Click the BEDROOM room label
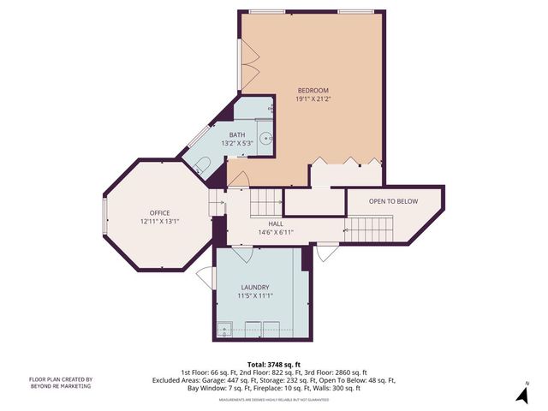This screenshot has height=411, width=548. pos(313,90)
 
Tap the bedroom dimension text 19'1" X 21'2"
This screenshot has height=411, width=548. pos(313,99)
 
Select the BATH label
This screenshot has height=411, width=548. pos(237,134)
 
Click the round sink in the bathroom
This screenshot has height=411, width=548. pos(266,136)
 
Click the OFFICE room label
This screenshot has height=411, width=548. pos(159,212)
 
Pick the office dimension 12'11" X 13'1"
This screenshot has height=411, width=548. pos(159,221)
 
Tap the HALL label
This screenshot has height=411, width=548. pos(276,223)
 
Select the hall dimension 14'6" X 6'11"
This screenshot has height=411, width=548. pos(276,232)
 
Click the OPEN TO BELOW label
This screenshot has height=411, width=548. pos(393,201)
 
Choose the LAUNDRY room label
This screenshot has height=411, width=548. pos(254,287)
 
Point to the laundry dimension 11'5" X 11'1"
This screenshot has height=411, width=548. pos(254,296)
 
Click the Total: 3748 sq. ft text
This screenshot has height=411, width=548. pos(273,363)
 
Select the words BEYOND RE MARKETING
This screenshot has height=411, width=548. pos(61,387)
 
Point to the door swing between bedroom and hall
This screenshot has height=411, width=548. pos(240,181)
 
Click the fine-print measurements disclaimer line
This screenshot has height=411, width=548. pos(273,399)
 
